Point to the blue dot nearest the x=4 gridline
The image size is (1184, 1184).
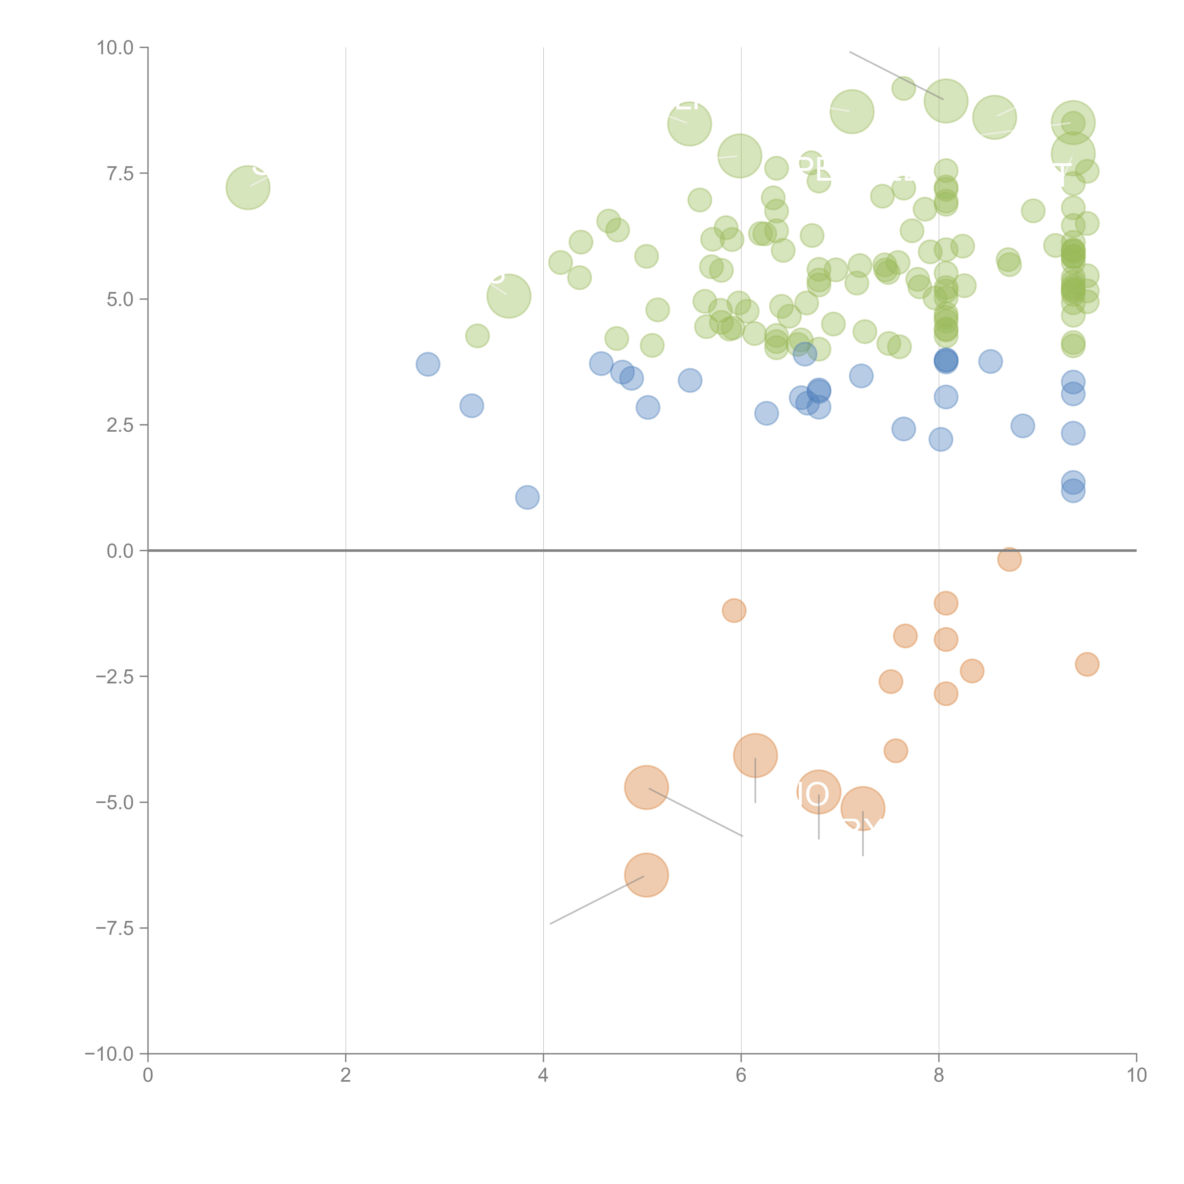tap(527, 497)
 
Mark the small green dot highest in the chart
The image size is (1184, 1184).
tap(903, 88)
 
